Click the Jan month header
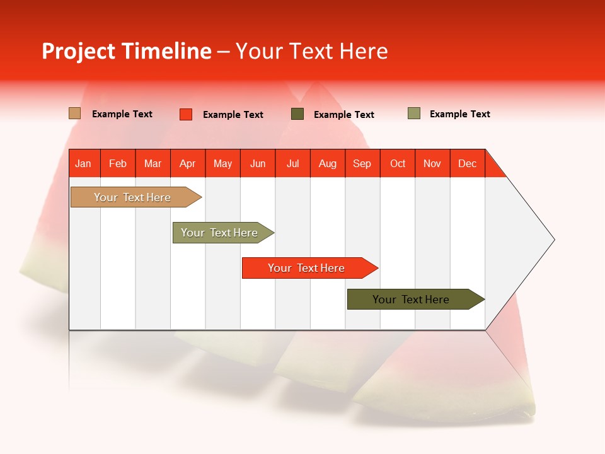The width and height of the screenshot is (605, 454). click(x=83, y=163)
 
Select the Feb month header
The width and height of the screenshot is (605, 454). click(x=118, y=163)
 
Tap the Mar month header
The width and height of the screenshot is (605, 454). click(x=153, y=163)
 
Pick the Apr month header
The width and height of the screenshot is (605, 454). click(x=187, y=163)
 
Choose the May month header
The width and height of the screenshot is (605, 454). click(x=222, y=163)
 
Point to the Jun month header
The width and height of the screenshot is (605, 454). click(x=258, y=163)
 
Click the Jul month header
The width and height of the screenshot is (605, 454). click(x=292, y=163)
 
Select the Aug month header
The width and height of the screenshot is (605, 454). click(x=327, y=163)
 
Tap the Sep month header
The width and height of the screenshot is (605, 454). click(x=362, y=163)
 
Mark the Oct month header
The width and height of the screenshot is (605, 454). click(x=398, y=163)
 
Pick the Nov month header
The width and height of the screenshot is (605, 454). click(x=432, y=163)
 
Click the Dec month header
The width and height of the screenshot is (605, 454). click(x=467, y=163)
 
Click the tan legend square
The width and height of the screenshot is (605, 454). click(x=75, y=113)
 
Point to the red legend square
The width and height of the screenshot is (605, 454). click(x=186, y=114)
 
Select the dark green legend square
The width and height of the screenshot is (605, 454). click(x=297, y=114)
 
